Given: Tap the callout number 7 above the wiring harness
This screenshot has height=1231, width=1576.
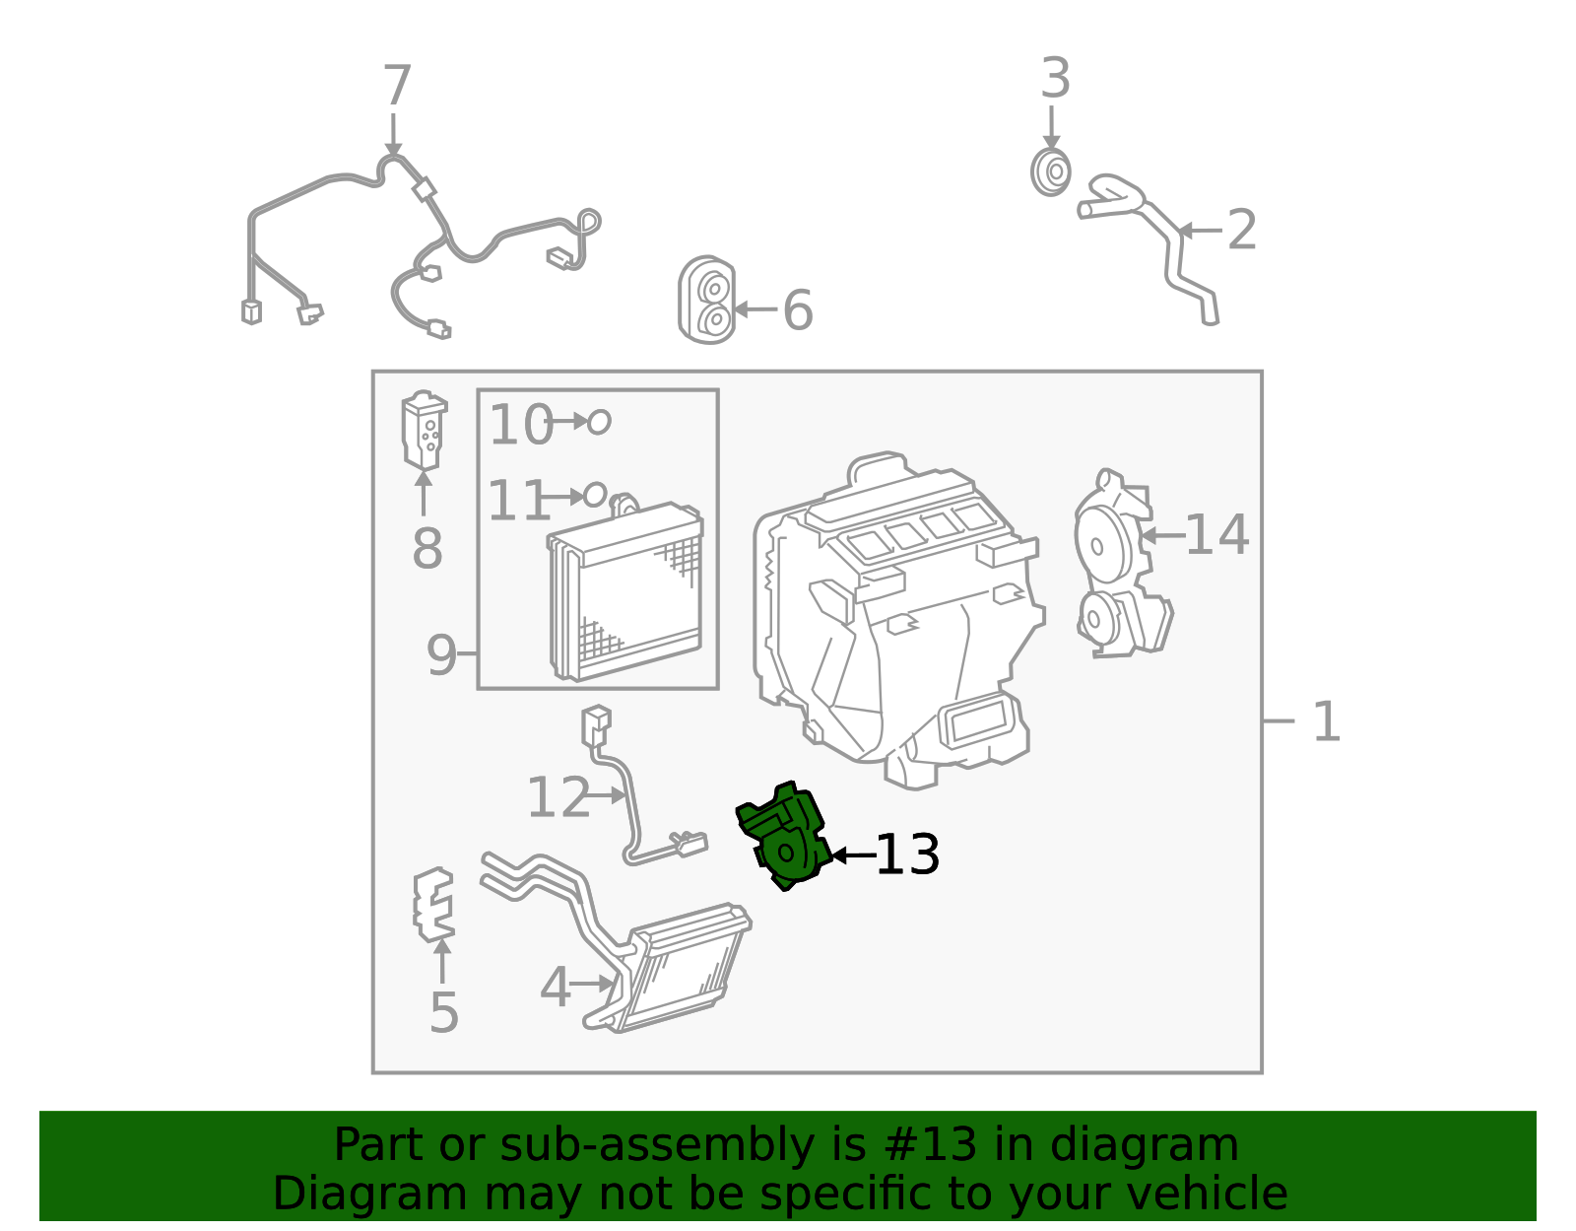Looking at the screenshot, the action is (397, 86).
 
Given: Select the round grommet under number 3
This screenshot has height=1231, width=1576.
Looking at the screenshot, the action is (1051, 171).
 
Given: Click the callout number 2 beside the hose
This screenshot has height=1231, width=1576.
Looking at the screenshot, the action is (1242, 230).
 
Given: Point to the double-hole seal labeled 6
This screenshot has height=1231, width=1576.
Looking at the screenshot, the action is (707, 300).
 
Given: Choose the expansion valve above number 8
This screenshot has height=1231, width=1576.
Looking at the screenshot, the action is (425, 430).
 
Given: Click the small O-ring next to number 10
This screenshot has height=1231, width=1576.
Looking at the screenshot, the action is (599, 422).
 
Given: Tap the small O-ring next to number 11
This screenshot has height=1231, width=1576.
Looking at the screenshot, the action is (595, 496).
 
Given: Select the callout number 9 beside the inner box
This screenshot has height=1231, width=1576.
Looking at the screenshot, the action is (441, 655).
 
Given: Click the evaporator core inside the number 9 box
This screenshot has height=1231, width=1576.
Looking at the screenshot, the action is (625, 592).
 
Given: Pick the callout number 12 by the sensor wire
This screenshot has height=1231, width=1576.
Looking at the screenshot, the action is (558, 797).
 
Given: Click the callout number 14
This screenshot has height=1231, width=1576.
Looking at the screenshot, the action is (1217, 535).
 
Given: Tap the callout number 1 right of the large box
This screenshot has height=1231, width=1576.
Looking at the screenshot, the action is (1327, 721).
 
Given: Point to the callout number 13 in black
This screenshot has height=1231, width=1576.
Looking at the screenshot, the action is (908, 855).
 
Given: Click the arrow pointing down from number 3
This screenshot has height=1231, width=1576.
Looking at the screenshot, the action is (1051, 128).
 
